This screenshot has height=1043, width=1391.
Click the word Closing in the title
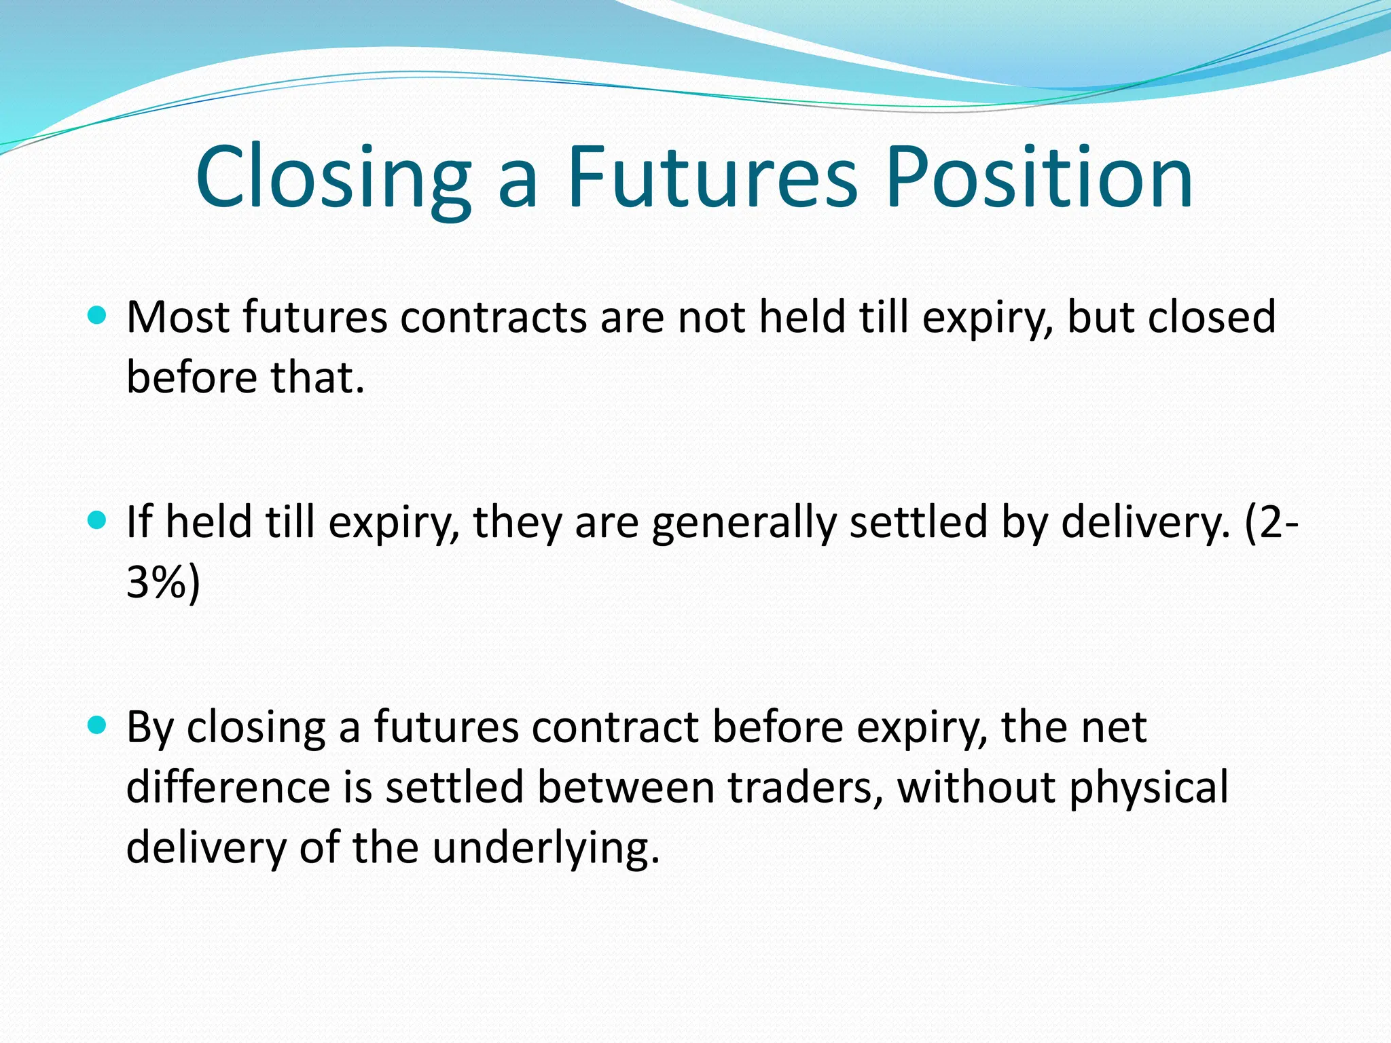333,178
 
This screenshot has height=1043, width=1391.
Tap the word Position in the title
1038,178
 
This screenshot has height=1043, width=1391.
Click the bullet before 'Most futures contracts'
98,315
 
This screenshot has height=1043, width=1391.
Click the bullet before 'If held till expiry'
98,521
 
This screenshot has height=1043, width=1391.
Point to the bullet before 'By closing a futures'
98,726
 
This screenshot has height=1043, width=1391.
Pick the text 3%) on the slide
163,583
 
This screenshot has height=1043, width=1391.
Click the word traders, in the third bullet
806,788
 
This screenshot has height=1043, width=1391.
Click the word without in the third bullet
975,788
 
